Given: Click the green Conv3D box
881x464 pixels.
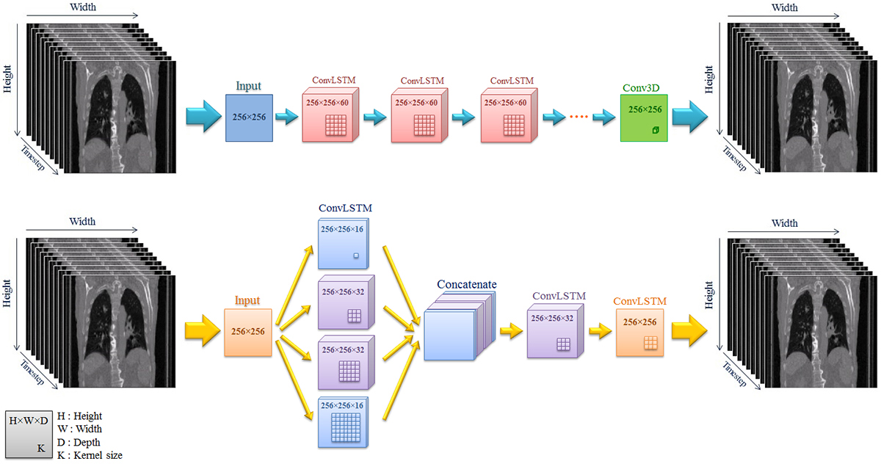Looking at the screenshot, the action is pos(644,117).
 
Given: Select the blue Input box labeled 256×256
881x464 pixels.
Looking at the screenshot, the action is pos(249,117).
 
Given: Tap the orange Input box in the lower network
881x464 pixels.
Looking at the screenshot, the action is pos(248,333).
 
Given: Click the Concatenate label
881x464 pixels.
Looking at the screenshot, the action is pos(466,284).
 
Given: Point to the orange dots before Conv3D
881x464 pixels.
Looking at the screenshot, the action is pos(579,117).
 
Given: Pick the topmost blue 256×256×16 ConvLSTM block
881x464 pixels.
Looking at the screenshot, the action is pos(344,244).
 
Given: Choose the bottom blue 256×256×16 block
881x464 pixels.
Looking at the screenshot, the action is pos(344,422).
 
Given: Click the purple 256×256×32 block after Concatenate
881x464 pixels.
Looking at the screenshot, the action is pos(555,330).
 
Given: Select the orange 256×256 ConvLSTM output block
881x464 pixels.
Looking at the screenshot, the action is pos(640,333).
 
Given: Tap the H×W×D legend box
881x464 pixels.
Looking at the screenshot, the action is pos(29,435).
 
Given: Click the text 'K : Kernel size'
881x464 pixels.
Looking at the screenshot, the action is pos(90,455).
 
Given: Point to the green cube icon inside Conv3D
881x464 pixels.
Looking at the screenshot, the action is pos(655,130).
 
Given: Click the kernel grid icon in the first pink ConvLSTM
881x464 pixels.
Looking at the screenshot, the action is pos(336,125).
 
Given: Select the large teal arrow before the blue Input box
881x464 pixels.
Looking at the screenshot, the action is pos(204,117).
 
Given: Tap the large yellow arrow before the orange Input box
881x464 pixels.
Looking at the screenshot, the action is pos(203,330).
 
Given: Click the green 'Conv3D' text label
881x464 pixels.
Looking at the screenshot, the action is pos(641,88).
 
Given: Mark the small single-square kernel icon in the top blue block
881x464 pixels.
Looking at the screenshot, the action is pos(356,255).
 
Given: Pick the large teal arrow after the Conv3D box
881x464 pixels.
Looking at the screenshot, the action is pos(690,117).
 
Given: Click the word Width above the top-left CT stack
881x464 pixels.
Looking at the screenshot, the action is pos(82,7).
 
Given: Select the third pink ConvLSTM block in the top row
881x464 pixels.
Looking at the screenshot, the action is pos(509,115).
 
